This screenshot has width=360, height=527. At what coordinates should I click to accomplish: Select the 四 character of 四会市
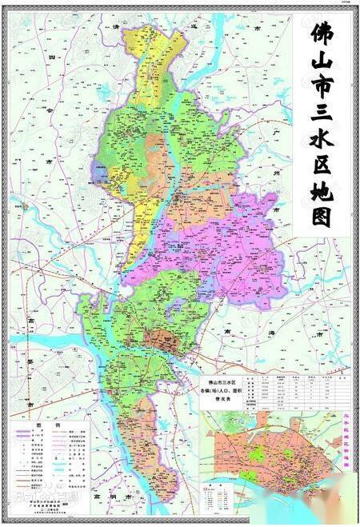pos(50,58)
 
